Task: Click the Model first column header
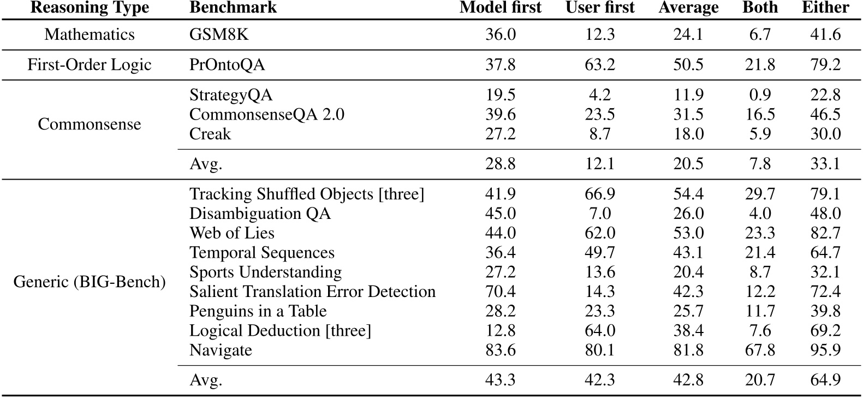500,8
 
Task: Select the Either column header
825,8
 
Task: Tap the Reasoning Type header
90,8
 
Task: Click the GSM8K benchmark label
219,34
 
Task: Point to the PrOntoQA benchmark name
227,65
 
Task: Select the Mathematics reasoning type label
90,34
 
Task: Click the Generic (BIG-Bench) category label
90,282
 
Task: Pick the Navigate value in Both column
760,350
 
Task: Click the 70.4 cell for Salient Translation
500,292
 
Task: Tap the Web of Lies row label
232,233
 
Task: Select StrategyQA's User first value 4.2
600,95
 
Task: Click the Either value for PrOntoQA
825,65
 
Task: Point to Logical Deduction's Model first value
500,331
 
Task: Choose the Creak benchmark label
210,134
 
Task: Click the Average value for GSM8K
688,34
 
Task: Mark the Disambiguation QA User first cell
600,213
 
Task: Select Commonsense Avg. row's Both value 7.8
760,164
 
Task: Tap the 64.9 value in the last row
825,380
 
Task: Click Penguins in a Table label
258,311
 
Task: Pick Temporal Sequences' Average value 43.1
688,253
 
